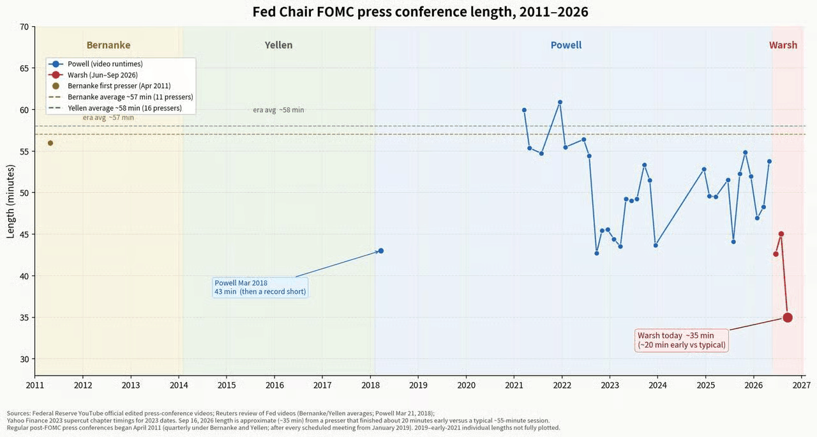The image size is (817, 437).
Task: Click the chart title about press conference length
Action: tap(420, 11)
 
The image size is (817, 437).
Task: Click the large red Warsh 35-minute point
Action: tap(788, 318)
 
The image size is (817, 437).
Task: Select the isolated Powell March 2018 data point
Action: tap(381, 251)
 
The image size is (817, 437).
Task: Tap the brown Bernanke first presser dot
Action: tap(50, 143)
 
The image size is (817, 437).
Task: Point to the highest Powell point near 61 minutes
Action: tap(560, 102)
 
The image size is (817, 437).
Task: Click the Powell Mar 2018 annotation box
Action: tap(260, 287)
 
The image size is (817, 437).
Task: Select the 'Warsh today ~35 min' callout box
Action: tap(681, 341)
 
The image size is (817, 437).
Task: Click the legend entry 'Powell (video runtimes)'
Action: tap(105, 64)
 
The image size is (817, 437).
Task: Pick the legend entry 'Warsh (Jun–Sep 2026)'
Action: tap(103, 75)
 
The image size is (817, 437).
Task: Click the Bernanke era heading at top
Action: tap(109, 45)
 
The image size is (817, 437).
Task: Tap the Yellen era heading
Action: tap(278, 45)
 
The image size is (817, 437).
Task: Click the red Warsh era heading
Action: tap(783, 45)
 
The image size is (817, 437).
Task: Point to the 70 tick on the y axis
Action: tap(24, 27)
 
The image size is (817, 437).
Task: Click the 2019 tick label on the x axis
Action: tap(418, 385)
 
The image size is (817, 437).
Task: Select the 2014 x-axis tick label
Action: tap(179, 385)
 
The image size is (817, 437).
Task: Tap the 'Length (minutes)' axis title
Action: tap(10, 201)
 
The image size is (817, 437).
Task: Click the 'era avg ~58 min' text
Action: tap(278, 110)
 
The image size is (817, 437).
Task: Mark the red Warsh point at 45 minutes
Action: tap(781, 234)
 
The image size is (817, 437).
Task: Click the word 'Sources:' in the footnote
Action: tap(19, 413)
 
